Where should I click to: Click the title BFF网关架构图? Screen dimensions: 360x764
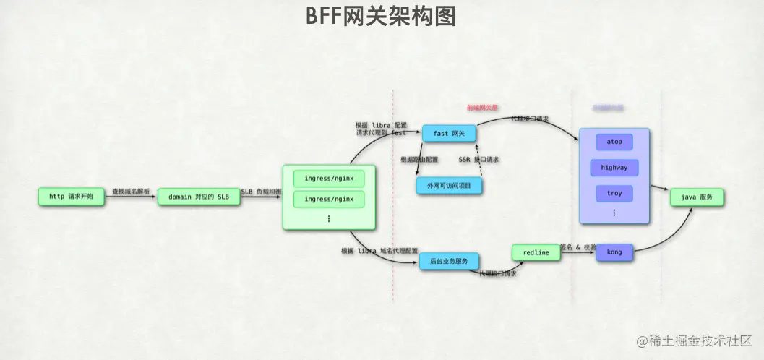click(x=381, y=15)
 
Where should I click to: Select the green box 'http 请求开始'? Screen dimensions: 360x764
click(x=71, y=197)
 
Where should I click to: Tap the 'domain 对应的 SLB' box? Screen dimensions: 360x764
click(x=198, y=197)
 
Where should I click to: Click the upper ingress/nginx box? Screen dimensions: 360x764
click(x=329, y=178)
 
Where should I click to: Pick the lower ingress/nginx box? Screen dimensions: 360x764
click(x=329, y=199)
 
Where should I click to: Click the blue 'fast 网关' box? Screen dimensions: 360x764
click(x=449, y=133)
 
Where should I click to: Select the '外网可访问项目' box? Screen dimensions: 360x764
click(x=449, y=185)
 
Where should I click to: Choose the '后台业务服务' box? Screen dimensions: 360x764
click(x=449, y=261)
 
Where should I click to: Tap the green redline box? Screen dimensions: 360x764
click(x=536, y=253)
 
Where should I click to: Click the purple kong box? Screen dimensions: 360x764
click(x=614, y=252)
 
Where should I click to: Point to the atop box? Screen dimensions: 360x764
click(x=614, y=141)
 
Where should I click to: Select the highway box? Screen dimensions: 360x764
click(x=614, y=168)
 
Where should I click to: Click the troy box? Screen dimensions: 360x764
click(x=614, y=194)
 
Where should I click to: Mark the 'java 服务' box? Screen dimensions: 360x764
click(x=696, y=197)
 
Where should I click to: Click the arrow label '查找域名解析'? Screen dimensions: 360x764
click(x=131, y=192)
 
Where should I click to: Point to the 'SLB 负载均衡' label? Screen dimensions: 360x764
click(x=262, y=192)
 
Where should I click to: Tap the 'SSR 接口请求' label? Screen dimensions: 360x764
click(x=479, y=159)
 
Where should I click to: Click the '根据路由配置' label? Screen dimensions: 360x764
click(x=419, y=159)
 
